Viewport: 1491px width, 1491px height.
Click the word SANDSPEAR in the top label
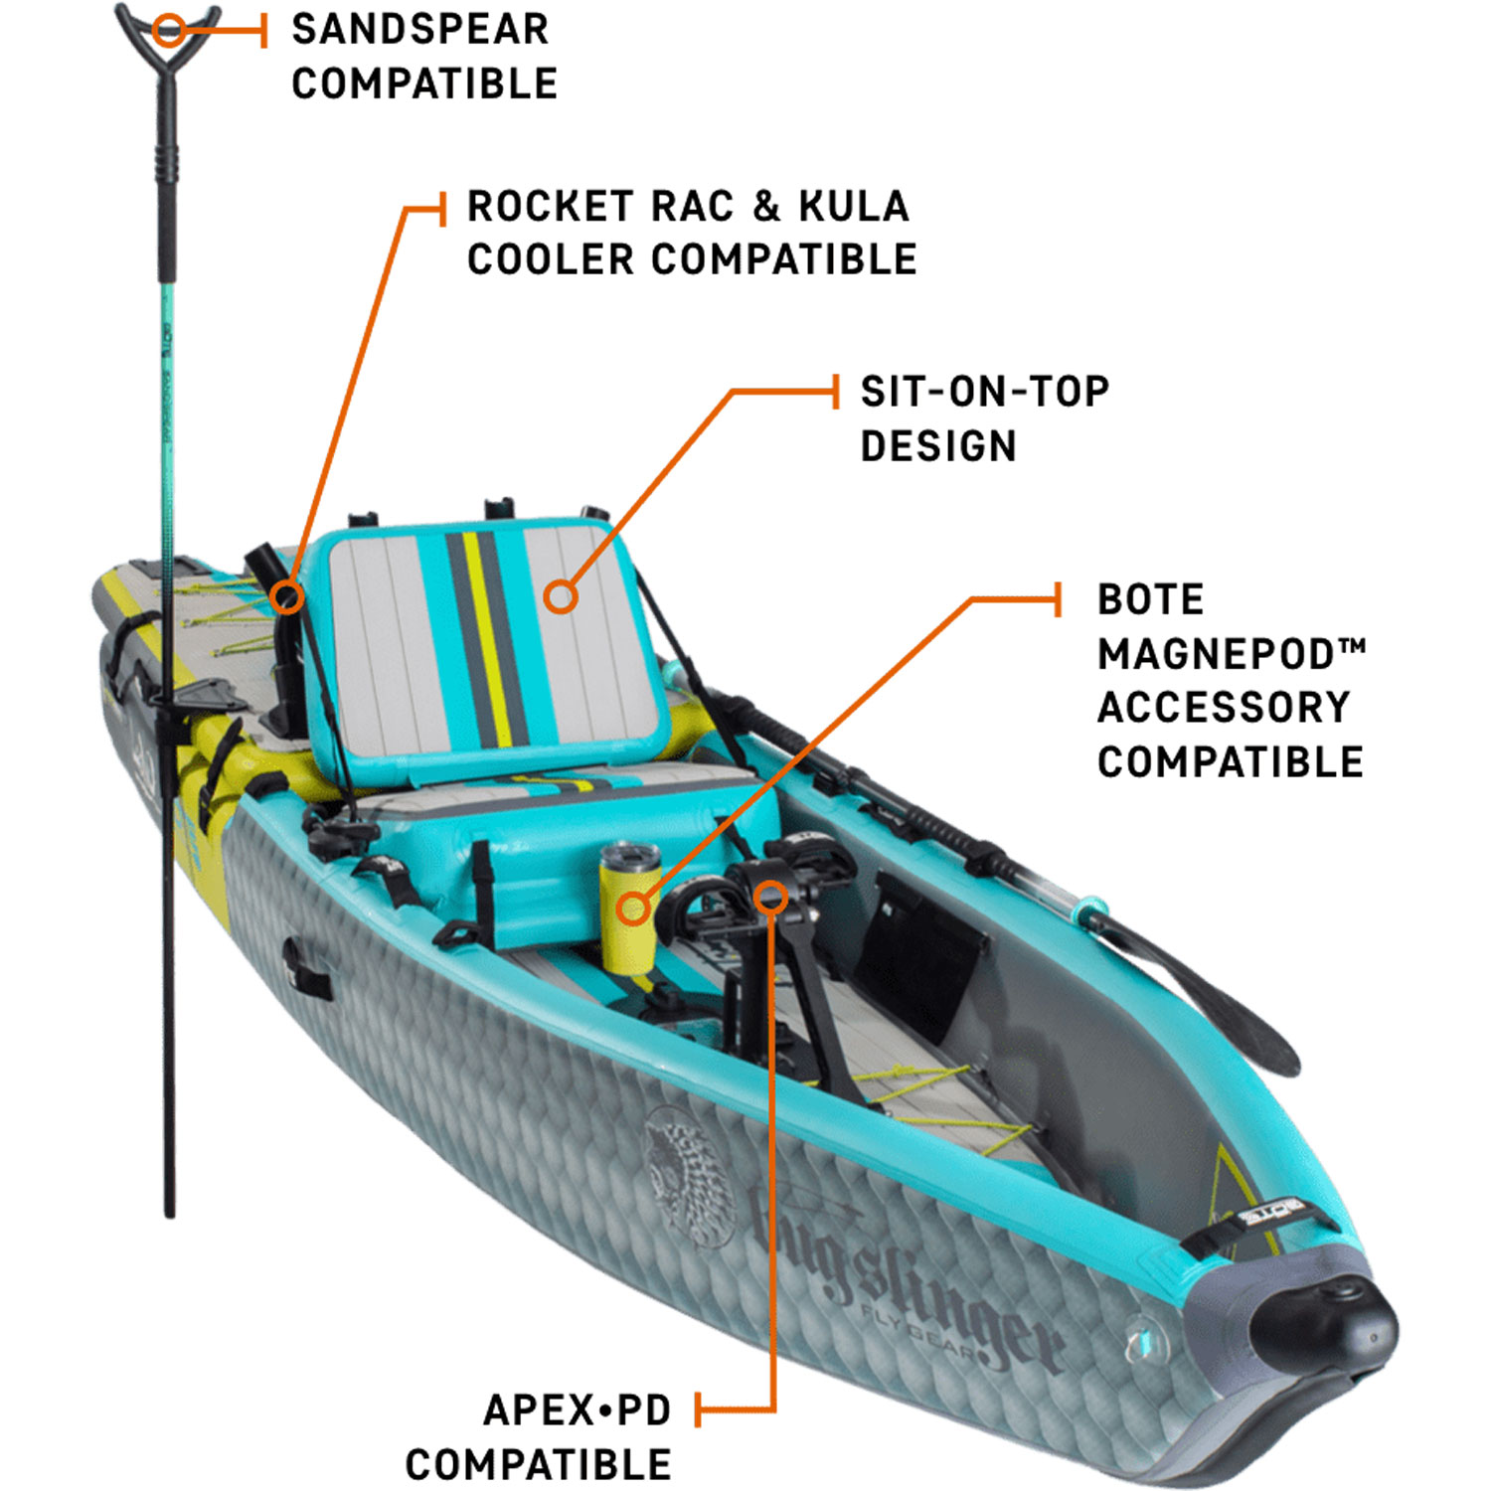coord(419,30)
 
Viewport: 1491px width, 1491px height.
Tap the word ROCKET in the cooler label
coord(550,207)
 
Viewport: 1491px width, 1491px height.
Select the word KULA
coord(854,207)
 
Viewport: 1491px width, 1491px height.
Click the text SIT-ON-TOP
coord(984,392)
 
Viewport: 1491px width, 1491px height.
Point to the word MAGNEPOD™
coord(1231,654)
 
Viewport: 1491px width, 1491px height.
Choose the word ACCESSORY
coord(1224,708)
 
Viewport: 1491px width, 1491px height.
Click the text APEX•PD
coord(577,1409)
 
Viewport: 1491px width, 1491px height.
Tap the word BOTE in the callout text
coord(1150,600)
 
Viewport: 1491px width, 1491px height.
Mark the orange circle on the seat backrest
coord(561,596)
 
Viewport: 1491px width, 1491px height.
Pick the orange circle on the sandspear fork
coord(170,31)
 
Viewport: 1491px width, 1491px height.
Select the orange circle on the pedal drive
coord(770,898)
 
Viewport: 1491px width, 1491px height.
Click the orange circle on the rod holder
coord(287,596)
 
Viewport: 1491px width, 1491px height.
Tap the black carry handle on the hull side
coord(306,967)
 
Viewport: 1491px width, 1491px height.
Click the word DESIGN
coord(938,446)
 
